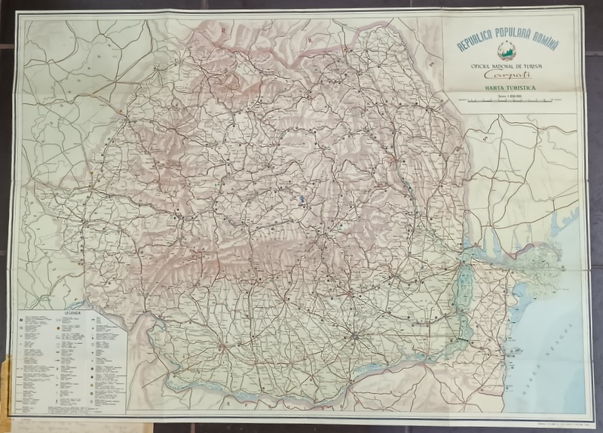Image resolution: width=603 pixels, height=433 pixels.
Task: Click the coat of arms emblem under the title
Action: [510, 56]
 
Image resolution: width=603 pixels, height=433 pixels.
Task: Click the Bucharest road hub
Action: [353, 331]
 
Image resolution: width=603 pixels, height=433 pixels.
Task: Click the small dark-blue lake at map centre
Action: [301, 200]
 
